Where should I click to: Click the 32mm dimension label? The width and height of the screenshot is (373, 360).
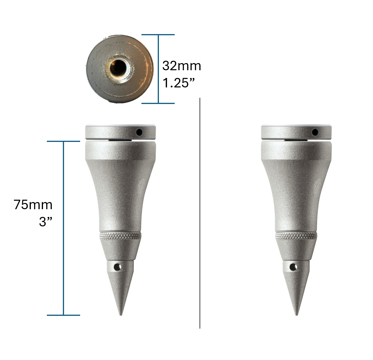coord(181,66)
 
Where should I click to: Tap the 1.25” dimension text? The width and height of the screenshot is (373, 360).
coord(179,83)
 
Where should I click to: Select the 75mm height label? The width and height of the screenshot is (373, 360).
coord(33,205)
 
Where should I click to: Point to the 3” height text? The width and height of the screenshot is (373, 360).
coord(46,222)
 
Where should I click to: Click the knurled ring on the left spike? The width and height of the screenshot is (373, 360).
coord(120,236)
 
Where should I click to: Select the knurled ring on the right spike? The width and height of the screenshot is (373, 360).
coord(296,236)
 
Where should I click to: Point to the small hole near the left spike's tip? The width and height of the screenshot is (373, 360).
coord(118,267)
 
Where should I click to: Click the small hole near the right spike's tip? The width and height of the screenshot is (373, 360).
coord(294,267)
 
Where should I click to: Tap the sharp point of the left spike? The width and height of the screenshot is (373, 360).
coord(121,314)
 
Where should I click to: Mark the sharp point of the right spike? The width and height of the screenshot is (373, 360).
coord(297,314)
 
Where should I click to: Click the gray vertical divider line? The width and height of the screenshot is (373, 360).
coord(200,213)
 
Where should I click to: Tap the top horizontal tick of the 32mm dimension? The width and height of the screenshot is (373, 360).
coord(158,35)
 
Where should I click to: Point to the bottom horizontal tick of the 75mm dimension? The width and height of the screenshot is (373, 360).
coord(63,315)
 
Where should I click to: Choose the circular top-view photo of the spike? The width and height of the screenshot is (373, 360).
coord(120,69)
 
